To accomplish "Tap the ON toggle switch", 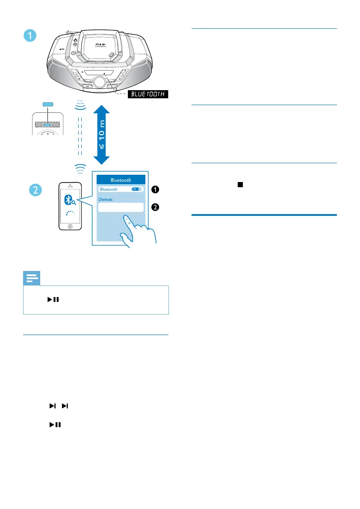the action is [x=137, y=189].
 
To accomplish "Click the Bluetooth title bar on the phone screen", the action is [x=121, y=180].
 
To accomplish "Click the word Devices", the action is [x=106, y=199].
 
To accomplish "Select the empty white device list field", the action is [x=121, y=207].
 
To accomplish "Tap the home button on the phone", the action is [x=70, y=226].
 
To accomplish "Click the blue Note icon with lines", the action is [x=31, y=278].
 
